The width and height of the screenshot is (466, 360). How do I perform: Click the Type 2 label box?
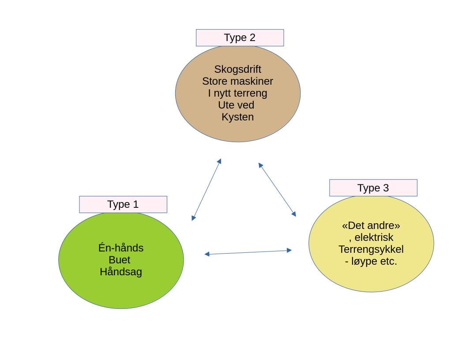[x=240, y=38]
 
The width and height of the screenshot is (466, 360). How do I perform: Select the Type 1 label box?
[x=123, y=205]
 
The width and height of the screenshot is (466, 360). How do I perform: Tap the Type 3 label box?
[x=373, y=188]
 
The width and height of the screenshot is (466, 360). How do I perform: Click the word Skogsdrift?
[x=238, y=69]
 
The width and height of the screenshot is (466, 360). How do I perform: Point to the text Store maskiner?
[x=238, y=81]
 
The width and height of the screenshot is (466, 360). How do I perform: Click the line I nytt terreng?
[x=238, y=93]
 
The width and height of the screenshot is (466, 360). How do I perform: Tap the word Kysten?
[x=238, y=117]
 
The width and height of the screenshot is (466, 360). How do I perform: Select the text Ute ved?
[x=236, y=105]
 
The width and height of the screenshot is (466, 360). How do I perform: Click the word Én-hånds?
[x=121, y=248]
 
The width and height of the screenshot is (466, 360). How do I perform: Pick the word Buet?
[x=120, y=260]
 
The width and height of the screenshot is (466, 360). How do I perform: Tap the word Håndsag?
[x=121, y=272]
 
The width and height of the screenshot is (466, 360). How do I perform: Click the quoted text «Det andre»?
[x=371, y=225]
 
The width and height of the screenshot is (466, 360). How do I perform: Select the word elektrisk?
[x=374, y=237]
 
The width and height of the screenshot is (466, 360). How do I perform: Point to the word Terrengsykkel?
[x=371, y=249]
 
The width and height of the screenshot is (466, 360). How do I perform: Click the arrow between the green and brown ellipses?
[x=207, y=189]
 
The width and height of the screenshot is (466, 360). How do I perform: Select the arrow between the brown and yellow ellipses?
[x=277, y=189]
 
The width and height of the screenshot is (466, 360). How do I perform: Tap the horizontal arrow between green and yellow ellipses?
[x=248, y=252]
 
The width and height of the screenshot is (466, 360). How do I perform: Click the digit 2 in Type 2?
[x=252, y=38]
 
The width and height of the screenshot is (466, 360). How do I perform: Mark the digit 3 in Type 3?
[x=386, y=188]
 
